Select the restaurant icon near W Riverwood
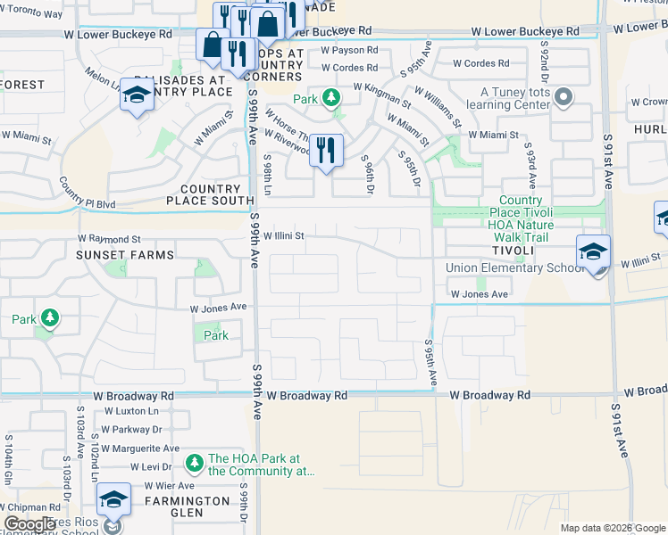tap(326, 151)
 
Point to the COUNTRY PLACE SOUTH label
tap(210, 195)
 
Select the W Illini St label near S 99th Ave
tap(284, 236)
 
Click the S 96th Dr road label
tap(368, 171)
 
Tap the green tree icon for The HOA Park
tap(195, 462)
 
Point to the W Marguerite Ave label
tap(140, 449)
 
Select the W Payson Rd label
tap(349, 51)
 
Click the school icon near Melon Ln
tap(137, 95)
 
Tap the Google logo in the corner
tap(29, 524)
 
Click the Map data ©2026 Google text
tap(612, 528)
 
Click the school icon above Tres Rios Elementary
tap(113, 500)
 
